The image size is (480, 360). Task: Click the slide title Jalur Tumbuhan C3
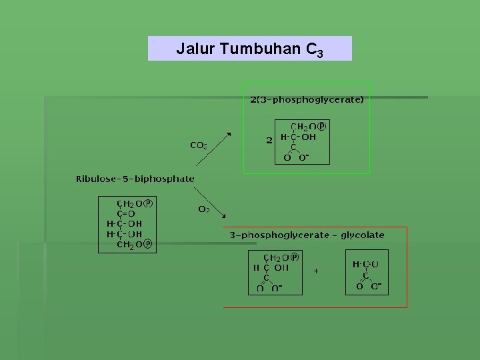tap(250, 49)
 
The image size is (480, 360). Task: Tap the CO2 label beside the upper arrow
tap(198, 145)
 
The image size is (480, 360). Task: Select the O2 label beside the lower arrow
tap(204, 209)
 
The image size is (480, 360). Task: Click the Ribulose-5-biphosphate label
tap(135, 179)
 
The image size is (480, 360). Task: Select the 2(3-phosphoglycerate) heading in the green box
tap(307, 100)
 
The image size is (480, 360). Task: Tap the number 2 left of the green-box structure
tap(269, 140)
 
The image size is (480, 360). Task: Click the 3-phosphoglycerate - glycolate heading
tap(307, 235)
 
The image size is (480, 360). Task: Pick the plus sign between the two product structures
tap(316, 271)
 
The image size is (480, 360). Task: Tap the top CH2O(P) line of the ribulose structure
tap(135, 203)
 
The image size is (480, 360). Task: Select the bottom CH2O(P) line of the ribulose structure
tap(135, 245)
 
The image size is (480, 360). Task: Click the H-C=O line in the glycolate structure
tap(366, 264)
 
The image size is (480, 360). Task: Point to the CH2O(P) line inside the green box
tap(308, 126)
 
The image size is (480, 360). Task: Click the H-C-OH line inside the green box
tap(298, 137)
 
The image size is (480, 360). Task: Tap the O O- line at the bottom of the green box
tap(297, 158)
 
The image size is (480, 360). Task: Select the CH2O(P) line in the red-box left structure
tap(282, 257)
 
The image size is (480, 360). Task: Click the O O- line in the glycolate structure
tap(369, 287)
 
